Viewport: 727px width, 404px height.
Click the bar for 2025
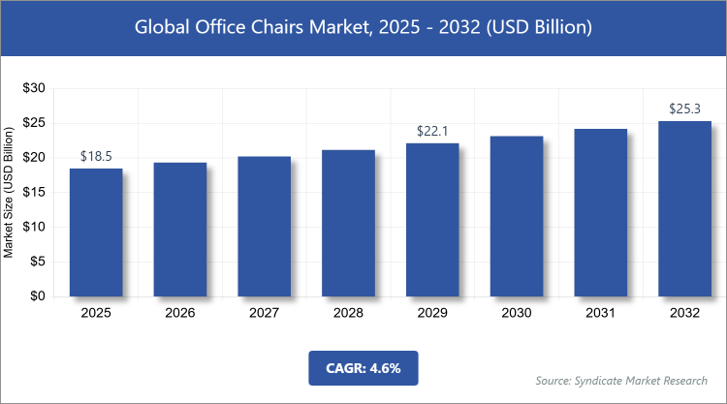(96, 233)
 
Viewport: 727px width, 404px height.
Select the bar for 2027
(264, 227)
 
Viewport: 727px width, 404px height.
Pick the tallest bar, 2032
(684, 208)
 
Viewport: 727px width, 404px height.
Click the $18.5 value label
(96, 156)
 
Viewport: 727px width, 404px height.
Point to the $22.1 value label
(432, 131)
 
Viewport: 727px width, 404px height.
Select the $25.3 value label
(684, 109)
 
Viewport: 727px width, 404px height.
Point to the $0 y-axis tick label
(38, 297)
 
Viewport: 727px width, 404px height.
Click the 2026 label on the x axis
(180, 314)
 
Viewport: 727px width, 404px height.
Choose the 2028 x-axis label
(348, 314)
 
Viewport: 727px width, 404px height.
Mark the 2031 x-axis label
(600, 314)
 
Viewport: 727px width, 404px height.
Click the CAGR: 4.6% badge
(363, 368)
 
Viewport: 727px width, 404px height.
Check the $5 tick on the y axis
(38, 263)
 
